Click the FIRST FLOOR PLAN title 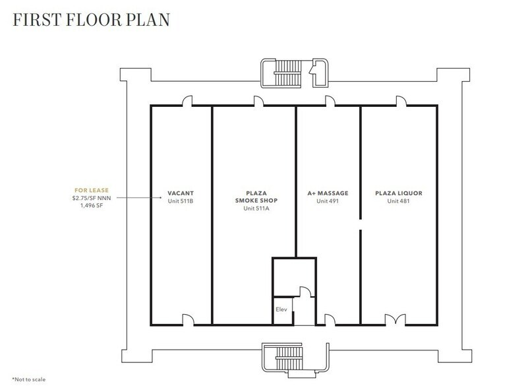[x=91, y=20]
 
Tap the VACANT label [x=181, y=193]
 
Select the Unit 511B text [x=181, y=201]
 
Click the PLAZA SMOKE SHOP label [x=256, y=197]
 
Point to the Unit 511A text [x=256, y=209]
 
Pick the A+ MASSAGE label [x=328, y=193]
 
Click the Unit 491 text [x=328, y=201]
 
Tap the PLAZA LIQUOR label [x=399, y=193]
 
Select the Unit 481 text [x=398, y=201]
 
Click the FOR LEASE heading [x=92, y=190]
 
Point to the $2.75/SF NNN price [x=92, y=198]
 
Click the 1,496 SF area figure [x=92, y=205]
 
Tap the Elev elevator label [x=281, y=309]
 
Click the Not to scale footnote [x=28, y=379]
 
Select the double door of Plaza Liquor [x=396, y=319]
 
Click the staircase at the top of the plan [x=287, y=73]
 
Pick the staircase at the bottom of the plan [x=288, y=359]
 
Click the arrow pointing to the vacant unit [x=139, y=197]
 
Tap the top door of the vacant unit [x=188, y=101]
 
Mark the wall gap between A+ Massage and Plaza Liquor [x=361, y=224]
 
